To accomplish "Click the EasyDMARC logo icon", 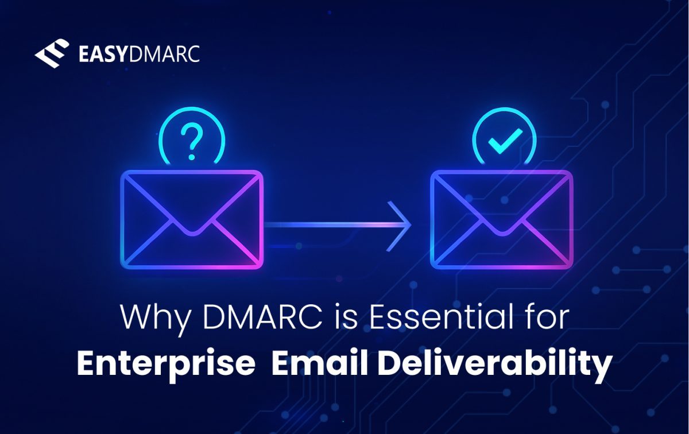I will [x=52, y=54].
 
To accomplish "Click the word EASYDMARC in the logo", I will [x=138, y=55].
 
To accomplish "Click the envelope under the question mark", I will [x=192, y=219].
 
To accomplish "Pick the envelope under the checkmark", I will [x=501, y=219].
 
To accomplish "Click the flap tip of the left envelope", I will [x=192, y=233].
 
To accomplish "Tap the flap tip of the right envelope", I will [x=501, y=233].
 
